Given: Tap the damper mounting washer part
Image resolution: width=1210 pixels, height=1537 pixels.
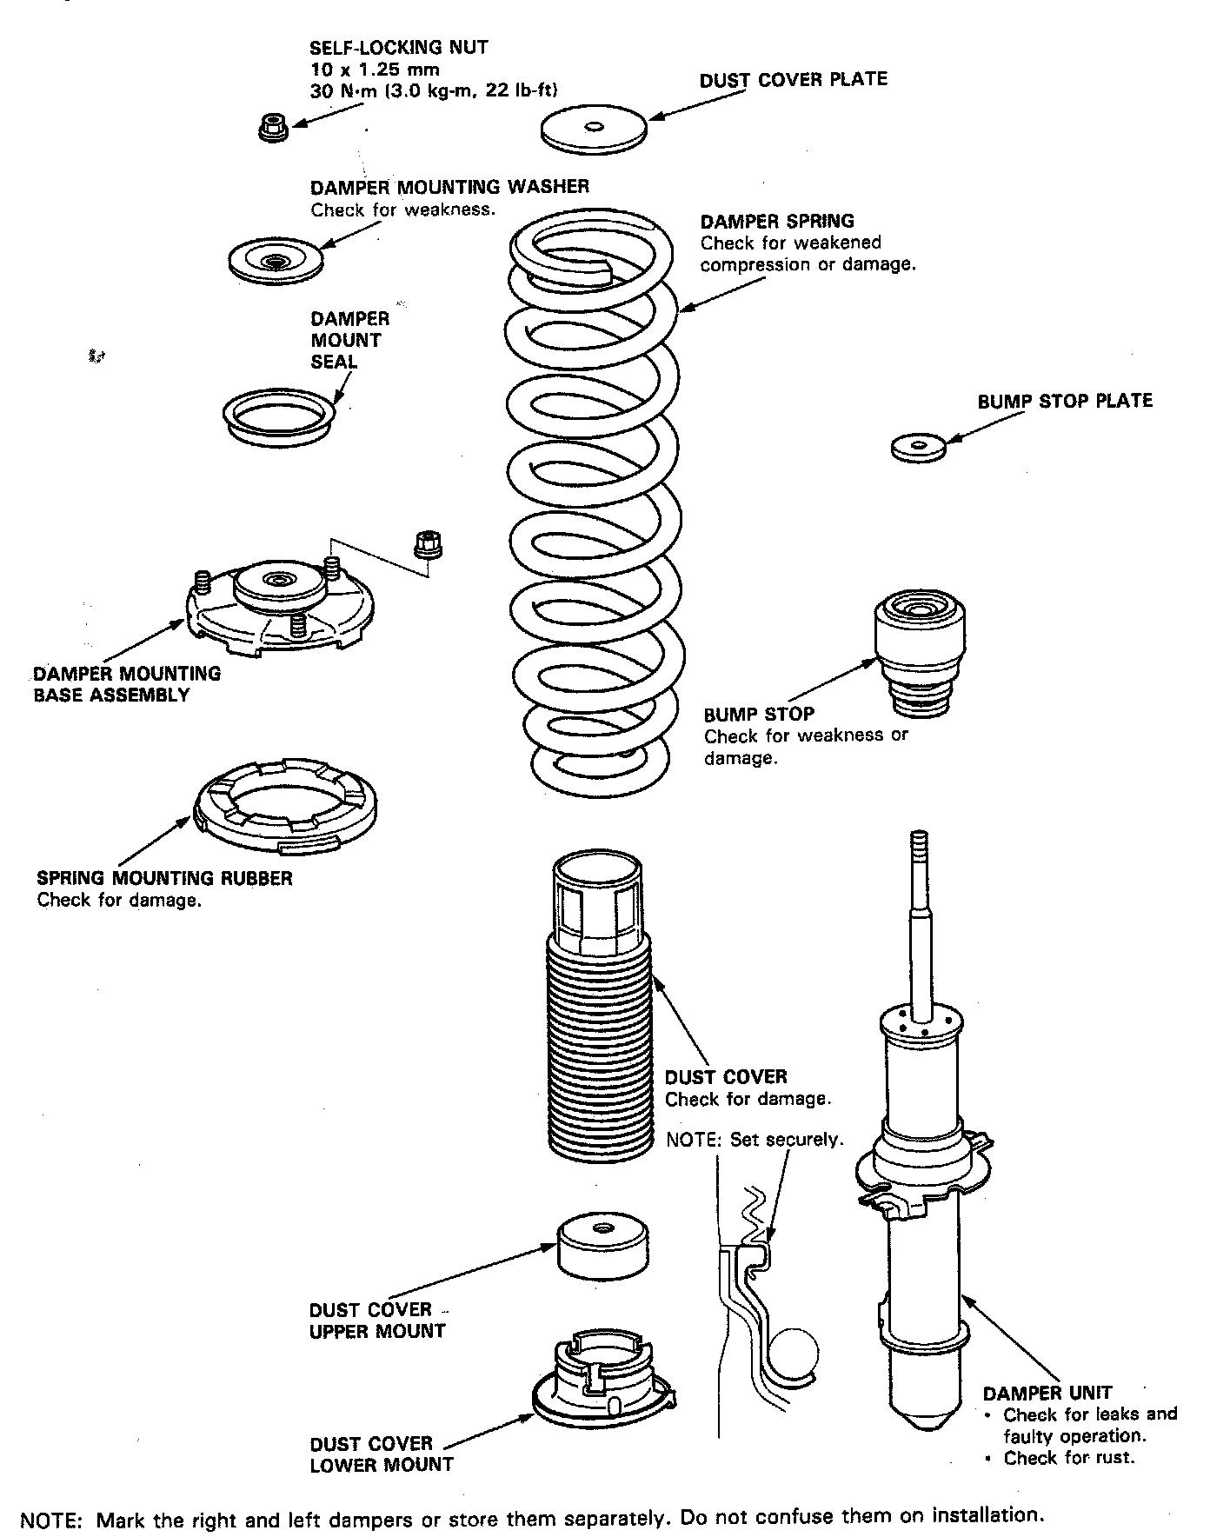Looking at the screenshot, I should point(275,259).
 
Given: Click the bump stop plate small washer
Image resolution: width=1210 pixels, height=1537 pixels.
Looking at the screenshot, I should point(919,448).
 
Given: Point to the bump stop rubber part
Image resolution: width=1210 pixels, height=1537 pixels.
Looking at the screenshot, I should point(921,653).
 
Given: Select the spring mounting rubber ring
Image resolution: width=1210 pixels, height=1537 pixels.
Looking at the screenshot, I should point(285,807).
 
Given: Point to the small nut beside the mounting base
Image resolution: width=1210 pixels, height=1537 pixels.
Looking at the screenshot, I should point(427,544).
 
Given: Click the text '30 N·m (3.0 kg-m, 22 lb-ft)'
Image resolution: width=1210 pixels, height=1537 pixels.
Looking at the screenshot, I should point(434,90).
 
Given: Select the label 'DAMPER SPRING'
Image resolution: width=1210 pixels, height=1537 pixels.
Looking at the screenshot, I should point(777,221).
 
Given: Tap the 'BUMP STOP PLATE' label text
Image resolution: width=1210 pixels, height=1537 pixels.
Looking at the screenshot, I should point(1065,401).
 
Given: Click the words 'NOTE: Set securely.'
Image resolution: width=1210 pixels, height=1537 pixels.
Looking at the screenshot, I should point(755,1139).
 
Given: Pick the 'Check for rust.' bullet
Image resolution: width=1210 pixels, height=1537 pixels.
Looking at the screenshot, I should point(1068,1458).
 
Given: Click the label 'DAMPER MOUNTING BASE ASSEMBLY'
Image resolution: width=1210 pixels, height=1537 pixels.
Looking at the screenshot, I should point(127,683).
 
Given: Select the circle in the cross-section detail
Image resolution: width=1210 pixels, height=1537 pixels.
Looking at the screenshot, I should point(793,1353).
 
